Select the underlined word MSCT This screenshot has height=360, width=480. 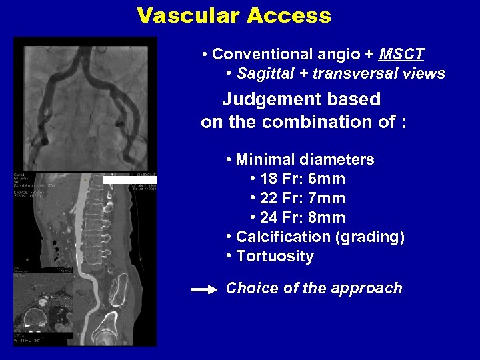pos(401,54)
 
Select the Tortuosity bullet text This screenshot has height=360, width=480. pos(275,257)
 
